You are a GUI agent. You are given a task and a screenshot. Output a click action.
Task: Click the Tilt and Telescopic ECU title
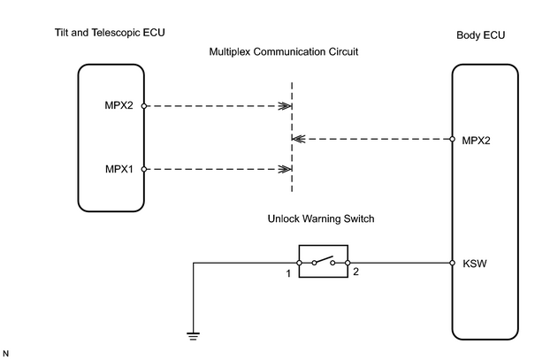[x=110, y=33]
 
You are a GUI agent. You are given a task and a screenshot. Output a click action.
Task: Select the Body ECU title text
[x=480, y=35]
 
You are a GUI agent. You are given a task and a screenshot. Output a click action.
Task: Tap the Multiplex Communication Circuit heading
[x=284, y=52]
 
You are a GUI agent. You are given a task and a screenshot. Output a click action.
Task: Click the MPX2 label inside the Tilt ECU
[x=118, y=105]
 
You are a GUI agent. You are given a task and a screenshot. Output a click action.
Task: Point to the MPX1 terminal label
[x=119, y=169]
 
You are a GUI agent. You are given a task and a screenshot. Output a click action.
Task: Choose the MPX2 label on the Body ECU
[x=476, y=141]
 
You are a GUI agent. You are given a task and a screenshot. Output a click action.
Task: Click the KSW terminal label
[x=475, y=264]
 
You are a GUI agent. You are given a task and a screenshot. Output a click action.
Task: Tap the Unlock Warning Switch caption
[x=321, y=218]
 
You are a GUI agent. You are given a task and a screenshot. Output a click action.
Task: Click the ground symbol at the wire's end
[x=193, y=336]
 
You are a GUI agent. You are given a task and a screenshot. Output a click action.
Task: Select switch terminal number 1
[x=288, y=273]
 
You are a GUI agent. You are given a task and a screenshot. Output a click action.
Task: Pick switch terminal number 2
[x=355, y=272]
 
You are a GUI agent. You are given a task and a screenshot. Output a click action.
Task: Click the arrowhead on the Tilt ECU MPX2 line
[x=285, y=106]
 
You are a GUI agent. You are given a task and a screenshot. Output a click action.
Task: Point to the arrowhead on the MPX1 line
[x=285, y=169]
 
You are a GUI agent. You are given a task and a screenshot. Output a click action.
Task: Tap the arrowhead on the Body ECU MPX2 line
[x=299, y=139]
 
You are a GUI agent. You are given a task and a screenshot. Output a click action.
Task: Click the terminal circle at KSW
[x=452, y=263]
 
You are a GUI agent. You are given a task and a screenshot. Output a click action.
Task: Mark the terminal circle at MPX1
[x=144, y=169]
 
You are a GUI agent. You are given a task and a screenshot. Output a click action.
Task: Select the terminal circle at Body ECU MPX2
[x=452, y=139]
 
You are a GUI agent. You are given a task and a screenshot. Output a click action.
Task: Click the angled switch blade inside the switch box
[x=323, y=259]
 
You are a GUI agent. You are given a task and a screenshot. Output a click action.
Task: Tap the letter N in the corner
[x=5, y=354]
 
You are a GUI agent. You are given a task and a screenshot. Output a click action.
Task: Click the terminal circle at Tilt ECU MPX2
[x=144, y=106]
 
